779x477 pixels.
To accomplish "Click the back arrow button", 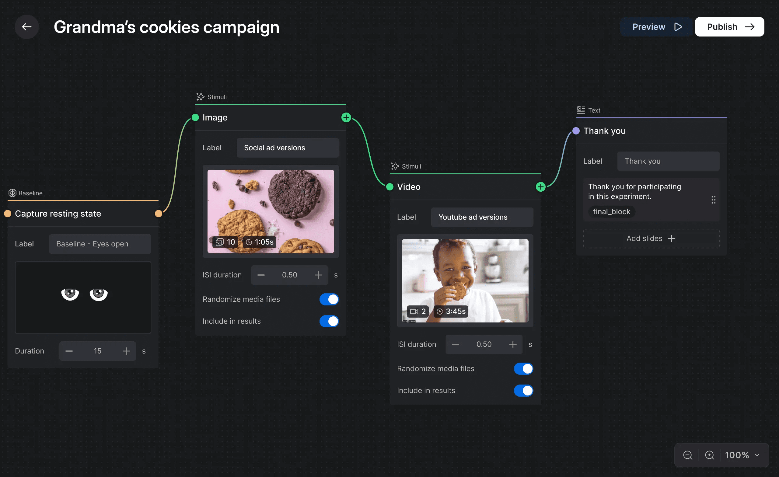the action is (26, 27).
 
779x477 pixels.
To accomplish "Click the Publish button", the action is (729, 27).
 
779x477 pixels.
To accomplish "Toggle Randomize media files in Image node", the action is (329, 299).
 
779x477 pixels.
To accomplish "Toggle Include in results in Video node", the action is (523, 390).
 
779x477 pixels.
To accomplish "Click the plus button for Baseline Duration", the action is (126, 351).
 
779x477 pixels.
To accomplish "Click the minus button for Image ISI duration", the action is (261, 275).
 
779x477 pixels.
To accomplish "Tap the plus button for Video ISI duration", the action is (513, 344).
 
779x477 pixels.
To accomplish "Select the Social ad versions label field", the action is (287, 148).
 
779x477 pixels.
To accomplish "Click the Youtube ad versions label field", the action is (482, 217).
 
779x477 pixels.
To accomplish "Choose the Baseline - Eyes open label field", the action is (100, 244).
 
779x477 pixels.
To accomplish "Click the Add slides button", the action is (651, 238).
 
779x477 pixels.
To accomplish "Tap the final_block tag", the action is (611, 212).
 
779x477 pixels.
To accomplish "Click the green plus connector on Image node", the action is (346, 118).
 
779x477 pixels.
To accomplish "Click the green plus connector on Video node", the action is (541, 187).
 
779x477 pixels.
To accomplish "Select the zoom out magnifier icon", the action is (687, 455).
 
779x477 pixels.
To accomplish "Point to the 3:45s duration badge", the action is (451, 312).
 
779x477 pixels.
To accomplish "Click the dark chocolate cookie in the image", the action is (295, 194).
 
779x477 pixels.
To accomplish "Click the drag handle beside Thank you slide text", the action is (713, 200).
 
